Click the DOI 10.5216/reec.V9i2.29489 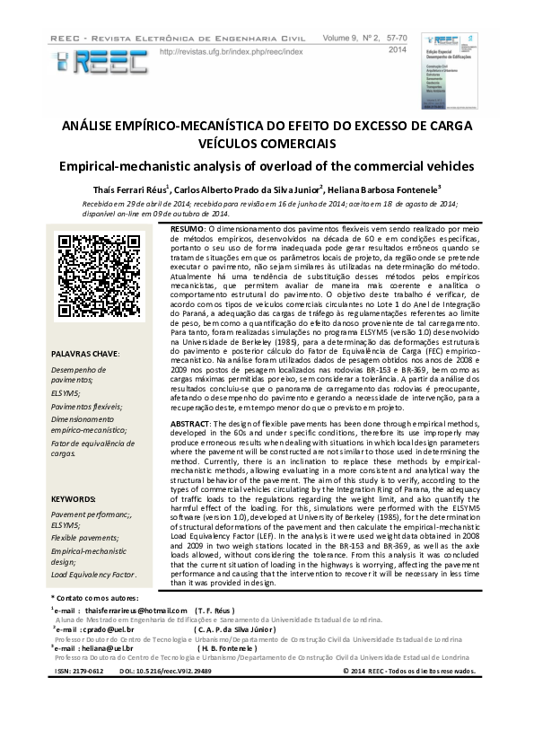[166, 672]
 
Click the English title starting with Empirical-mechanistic [267, 167]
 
